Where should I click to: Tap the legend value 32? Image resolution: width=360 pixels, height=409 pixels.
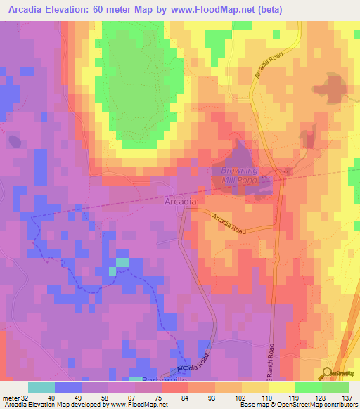pos(25,397)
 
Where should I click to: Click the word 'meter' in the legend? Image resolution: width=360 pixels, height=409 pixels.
pos(10,397)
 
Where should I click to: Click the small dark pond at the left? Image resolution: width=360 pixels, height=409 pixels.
pos(13,141)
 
